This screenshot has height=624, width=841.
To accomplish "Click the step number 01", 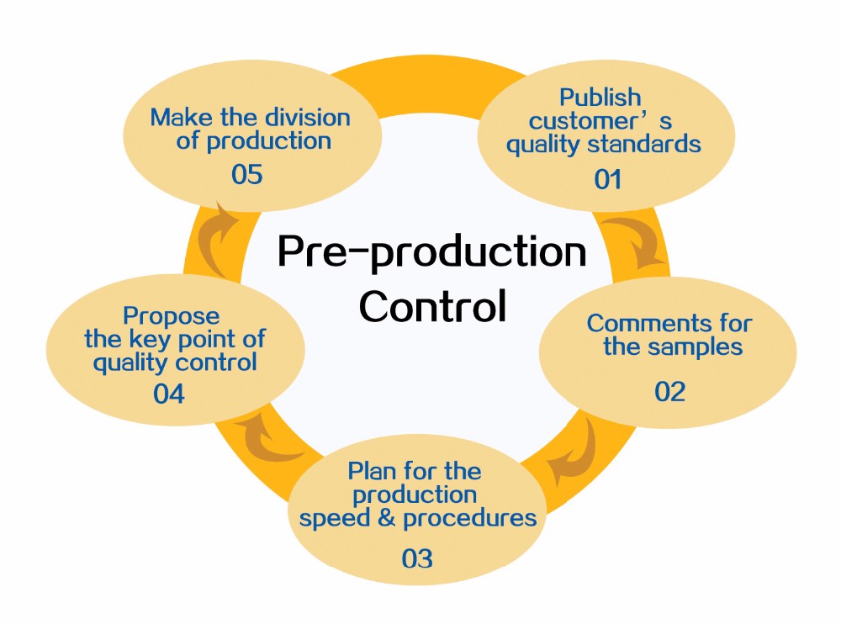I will click(606, 179).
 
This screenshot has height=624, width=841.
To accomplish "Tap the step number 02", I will click(670, 391).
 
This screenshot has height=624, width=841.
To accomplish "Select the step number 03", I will click(417, 558).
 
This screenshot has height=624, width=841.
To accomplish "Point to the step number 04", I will click(169, 393).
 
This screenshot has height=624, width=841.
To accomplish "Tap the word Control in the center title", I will click(433, 306).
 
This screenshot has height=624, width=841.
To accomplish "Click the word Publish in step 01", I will click(600, 99).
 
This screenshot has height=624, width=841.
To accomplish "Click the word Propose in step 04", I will click(171, 317).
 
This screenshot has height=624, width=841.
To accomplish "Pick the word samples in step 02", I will click(695, 346).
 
